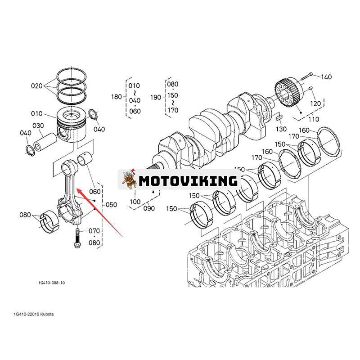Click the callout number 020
pos(36,86)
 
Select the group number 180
pos(117,97)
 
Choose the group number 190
pos(156,97)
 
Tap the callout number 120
pos(316,103)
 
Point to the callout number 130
pos(281,129)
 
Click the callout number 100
pos(135,202)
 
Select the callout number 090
pos(148,208)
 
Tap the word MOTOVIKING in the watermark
pos(188,181)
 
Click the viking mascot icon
pos(130,180)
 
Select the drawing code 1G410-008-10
pos(52,283)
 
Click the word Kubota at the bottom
pos(45,314)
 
